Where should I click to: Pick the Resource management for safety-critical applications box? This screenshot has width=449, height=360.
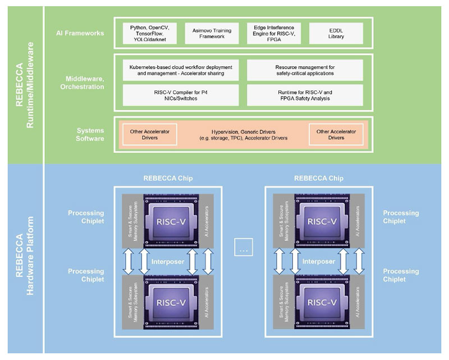305,70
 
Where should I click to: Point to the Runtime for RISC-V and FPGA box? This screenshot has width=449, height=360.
305,95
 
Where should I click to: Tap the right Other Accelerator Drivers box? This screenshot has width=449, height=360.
336,134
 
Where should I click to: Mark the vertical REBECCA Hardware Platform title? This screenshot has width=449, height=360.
22,259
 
